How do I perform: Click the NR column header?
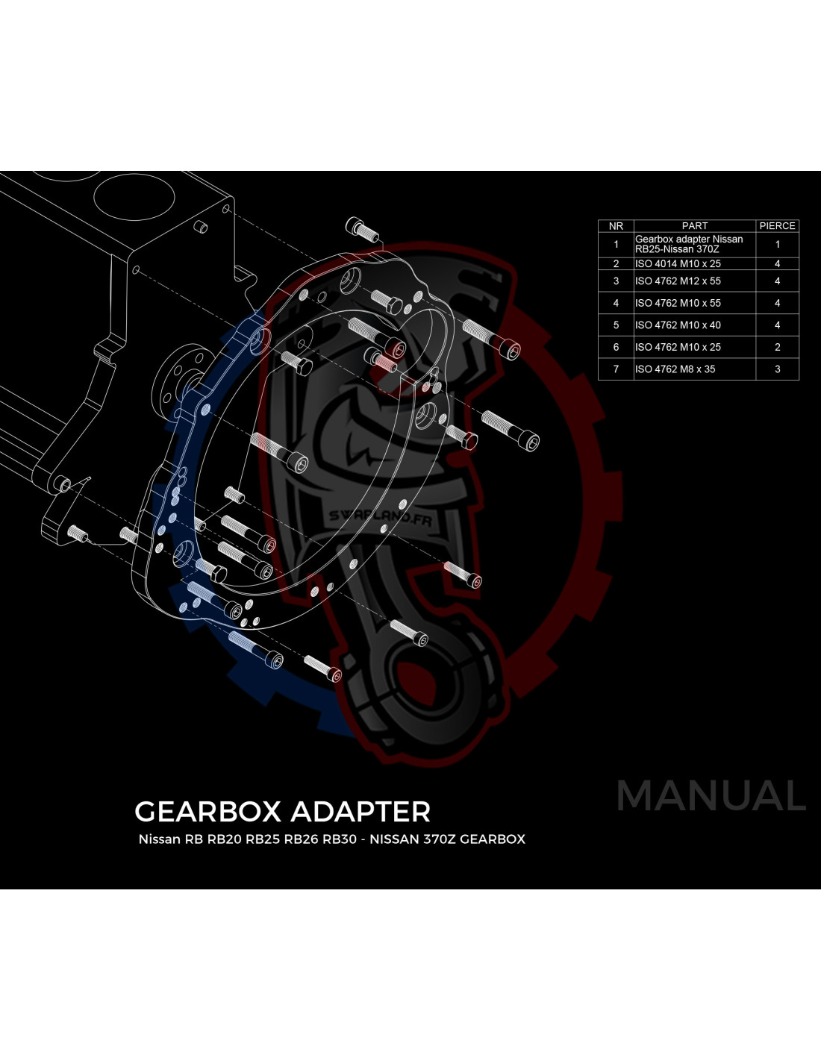(x=616, y=225)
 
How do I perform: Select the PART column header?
(x=695, y=225)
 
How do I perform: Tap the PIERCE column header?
(x=777, y=225)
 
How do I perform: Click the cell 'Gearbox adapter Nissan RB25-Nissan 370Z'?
(x=689, y=244)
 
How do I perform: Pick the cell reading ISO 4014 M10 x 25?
(x=678, y=263)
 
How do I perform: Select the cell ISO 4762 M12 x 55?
(x=678, y=281)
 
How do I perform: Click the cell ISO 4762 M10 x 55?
(x=678, y=303)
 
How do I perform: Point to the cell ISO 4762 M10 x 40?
(x=678, y=325)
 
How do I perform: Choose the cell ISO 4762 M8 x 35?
(x=675, y=369)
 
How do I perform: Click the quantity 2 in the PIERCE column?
(x=777, y=347)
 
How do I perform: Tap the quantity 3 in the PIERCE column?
(x=777, y=369)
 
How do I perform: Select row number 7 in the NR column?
(x=616, y=369)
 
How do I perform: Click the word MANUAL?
(x=711, y=796)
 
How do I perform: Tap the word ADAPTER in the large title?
(x=360, y=812)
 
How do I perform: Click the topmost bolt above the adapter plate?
(x=362, y=230)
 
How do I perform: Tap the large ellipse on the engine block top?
(x=134, y=197)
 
